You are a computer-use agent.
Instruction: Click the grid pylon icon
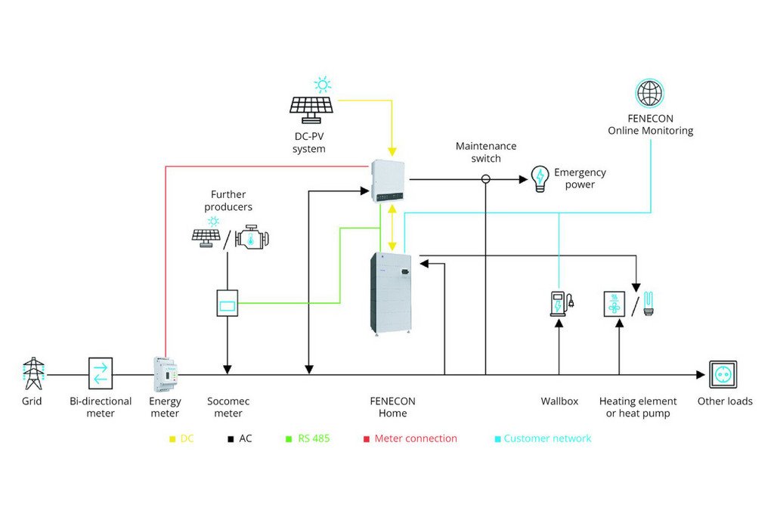coord(33,373)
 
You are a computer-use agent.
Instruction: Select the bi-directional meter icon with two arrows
coord(100,373)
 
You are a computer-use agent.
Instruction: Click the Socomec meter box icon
coord(227,302)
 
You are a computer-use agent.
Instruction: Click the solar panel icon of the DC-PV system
coord(311,108)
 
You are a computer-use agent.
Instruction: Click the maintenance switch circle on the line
coord(486,179)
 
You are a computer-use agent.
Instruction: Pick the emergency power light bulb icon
coord(540,178)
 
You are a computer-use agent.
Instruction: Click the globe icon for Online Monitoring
coord(650,94)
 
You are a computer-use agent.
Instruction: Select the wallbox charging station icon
coord(561,303)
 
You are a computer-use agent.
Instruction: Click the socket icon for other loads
coord(723,374)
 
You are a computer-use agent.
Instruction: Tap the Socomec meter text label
coord(228,407)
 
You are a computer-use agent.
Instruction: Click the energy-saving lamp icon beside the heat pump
coord(648,302)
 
